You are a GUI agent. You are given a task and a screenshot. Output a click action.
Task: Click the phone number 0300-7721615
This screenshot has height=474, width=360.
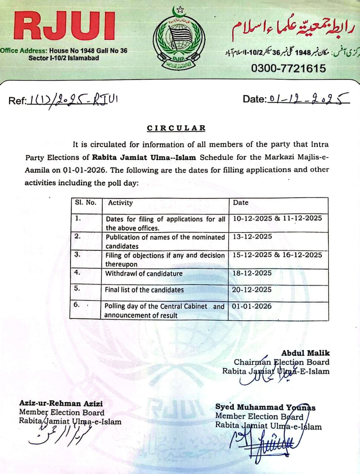[x=289, y=69]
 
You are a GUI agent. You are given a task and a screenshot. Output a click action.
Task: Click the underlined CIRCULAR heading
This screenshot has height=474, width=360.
[x=176, y=128]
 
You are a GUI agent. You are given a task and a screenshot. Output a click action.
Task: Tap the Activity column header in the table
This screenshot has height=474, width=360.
[x=120, y=203]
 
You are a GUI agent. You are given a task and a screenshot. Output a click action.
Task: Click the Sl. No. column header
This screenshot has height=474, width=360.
[x=85, y=203]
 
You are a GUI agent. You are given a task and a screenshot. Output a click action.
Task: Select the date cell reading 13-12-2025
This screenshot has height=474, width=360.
[x=252, y=236]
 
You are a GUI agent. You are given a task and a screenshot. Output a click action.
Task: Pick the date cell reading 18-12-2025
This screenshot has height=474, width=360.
[x=252, y=273]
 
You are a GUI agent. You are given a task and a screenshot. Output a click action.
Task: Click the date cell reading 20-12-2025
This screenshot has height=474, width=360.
[x=252, y=290]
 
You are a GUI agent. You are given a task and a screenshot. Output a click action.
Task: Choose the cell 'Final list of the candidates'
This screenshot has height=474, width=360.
[x=144, y=290]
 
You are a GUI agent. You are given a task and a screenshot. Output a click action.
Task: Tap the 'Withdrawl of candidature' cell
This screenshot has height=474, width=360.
[x=144, y=274]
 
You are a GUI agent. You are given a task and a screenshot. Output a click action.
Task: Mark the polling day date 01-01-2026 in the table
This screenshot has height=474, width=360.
[x=252, y=306]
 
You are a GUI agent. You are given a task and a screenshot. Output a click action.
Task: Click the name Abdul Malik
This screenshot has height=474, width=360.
[x=305, y=353]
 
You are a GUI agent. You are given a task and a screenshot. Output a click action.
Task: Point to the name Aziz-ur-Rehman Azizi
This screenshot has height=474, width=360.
[x=61, y=403]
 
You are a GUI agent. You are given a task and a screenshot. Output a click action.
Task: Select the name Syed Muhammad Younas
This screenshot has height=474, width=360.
[x=265, y=407]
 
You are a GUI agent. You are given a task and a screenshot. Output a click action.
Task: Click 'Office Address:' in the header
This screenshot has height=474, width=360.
[x=24, y=50]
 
